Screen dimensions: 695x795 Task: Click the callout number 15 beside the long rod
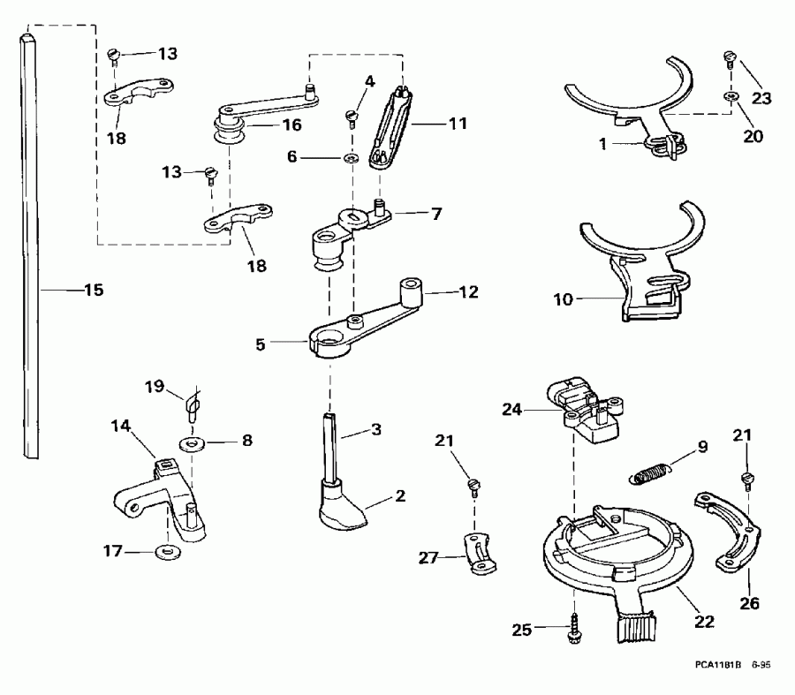point(94,290)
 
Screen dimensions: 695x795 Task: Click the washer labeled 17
point(165,553)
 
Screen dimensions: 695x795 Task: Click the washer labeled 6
point(351,158)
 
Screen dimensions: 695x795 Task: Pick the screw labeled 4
point(352,115)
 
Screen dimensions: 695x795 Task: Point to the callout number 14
point(120,425)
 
